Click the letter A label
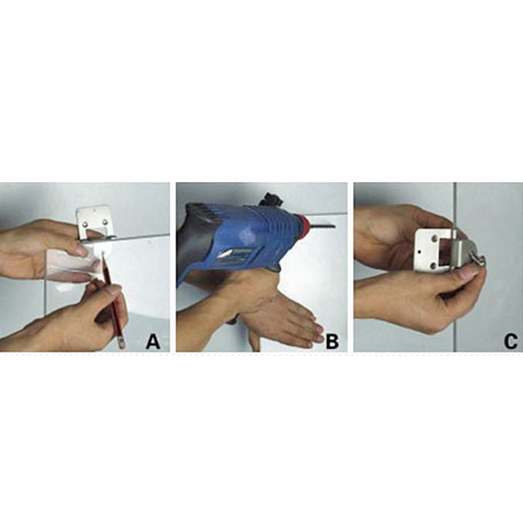[x=153, y=342]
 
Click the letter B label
[x=332, y=342]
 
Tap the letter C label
[x=511, y=342]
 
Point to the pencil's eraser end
[x=122, y=344]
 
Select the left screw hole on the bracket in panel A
[x=86, y=224]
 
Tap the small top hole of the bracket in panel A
[x=94, y=211]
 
